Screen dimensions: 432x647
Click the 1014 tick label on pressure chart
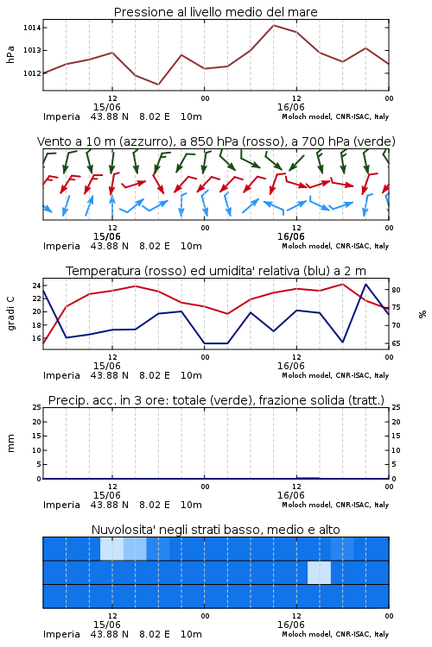(31, 28)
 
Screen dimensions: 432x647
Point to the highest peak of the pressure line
(273, 25)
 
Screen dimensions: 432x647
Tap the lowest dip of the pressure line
(158, 85)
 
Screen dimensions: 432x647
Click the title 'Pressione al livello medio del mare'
(215, 12)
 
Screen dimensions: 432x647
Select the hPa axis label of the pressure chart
(10, 54)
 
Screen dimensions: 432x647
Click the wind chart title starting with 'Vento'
(216, 141)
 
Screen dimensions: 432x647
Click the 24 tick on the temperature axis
(36, 286)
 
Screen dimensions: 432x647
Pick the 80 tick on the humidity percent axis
(396, 290)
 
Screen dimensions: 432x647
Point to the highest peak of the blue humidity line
(365, 284)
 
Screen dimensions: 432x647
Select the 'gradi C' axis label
(11, 313)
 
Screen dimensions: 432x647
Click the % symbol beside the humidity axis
(422, 314)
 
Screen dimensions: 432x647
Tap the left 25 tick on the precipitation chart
(36, 407)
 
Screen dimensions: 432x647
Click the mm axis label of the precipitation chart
(10, 443)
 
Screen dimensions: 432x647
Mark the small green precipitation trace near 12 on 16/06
(308, 477)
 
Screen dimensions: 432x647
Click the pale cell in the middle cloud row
(319, 572)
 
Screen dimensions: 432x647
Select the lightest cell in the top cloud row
(112, 549)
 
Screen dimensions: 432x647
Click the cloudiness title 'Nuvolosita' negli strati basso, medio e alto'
(215, 530)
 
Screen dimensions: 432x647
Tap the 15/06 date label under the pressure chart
(106, 107)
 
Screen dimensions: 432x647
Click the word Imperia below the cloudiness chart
(61, 634)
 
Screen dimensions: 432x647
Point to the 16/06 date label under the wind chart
(290, 237)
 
